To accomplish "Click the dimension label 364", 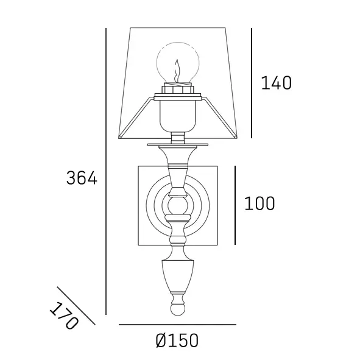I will [82, 178].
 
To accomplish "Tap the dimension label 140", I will [276, 83].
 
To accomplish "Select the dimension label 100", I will [259, 203].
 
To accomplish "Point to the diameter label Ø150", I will [177, 341].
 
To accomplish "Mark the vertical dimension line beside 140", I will [252, 83].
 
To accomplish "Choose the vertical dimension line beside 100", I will [235, 205].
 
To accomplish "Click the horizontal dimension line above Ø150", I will [177, 325].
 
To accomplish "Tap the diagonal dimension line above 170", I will [76, 305].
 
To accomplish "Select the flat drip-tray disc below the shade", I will [177, 145].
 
